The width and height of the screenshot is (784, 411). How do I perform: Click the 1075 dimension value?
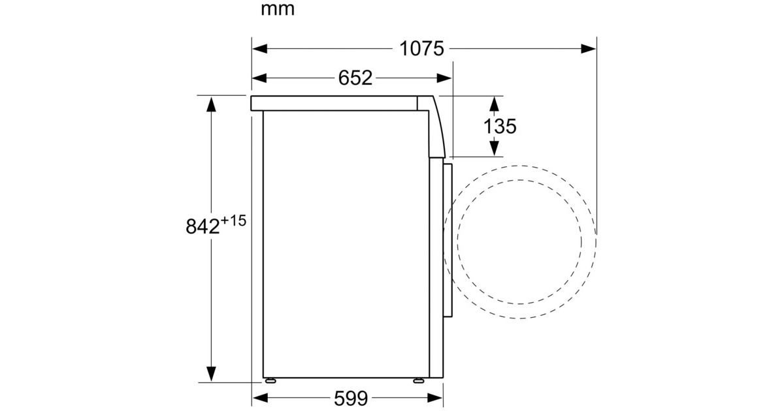421,48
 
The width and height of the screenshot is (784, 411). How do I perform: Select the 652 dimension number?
355,78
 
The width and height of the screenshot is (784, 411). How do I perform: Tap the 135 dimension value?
500,126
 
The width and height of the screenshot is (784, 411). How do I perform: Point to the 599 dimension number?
351,398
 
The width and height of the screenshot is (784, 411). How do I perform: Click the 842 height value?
203,226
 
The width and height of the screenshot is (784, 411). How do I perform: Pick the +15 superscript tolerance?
233,221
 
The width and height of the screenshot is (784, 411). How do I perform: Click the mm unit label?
278,9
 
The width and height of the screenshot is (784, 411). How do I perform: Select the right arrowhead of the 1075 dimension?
589,48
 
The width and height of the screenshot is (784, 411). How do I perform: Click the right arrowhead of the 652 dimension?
444,78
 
